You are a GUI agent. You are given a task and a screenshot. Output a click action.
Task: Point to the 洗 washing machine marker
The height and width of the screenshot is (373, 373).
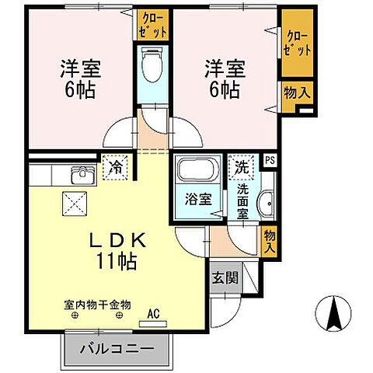(242, 166)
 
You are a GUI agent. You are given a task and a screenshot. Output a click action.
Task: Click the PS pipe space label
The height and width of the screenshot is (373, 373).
(270, 161)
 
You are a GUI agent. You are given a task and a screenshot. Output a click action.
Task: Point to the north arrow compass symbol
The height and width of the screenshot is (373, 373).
(336, 315)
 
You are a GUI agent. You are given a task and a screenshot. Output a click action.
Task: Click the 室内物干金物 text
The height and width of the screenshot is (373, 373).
(99, 305)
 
